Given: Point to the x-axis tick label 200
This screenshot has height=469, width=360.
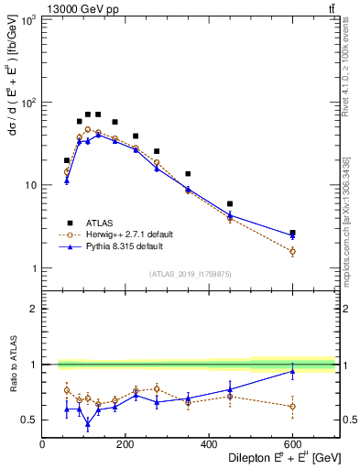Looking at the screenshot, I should click(125, 444).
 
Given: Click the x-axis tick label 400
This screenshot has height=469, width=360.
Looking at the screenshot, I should click(209, 444).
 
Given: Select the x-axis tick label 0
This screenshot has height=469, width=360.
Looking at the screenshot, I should click(42, 444).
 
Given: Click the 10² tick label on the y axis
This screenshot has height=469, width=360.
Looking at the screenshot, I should click(29, 102).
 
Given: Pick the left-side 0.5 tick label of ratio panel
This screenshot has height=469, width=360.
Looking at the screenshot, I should click(29, 420).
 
